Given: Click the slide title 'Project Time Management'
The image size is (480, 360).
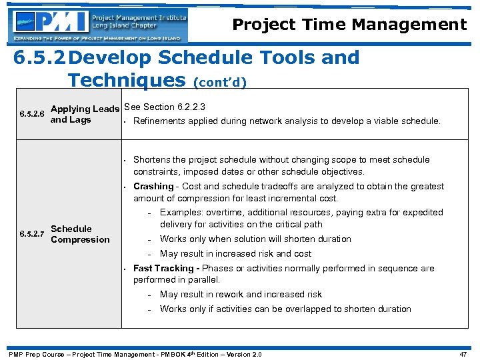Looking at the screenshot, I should point(349,25).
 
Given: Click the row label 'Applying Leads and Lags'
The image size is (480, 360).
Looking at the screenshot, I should point(85,114).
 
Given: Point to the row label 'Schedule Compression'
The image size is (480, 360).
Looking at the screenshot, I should point(80,234).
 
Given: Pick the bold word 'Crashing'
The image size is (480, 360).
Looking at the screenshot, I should point(153,187).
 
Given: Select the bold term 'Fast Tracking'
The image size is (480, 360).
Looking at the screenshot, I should point(164,268).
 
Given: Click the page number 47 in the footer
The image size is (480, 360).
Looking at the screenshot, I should point(463,354).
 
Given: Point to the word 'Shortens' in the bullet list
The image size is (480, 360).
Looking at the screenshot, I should point(153,159).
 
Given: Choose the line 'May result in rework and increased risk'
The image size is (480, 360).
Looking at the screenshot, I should point(241,294).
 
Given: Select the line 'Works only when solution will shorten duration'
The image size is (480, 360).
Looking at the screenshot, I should point(255,239).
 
